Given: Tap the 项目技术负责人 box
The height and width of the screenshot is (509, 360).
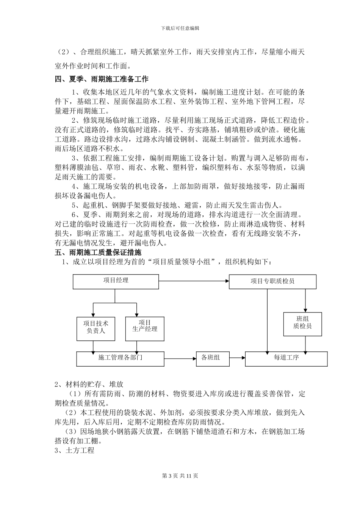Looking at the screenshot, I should pos(95,328).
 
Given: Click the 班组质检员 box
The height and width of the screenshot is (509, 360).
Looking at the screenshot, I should pos(302,324).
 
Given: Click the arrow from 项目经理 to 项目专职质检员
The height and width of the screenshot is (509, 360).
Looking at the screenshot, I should pos(194,281).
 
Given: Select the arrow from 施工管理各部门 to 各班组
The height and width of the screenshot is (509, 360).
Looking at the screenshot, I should pos(180,358).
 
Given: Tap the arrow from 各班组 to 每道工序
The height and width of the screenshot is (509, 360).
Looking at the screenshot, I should pos(237,358).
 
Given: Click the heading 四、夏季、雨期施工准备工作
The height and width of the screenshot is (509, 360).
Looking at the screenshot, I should pos(102,80).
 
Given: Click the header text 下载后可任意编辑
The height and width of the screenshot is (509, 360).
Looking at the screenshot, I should pos(180,28).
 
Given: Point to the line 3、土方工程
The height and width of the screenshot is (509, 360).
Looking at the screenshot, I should pos(74,451).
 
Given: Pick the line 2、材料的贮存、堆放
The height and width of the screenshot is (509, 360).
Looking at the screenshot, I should pos(89,384).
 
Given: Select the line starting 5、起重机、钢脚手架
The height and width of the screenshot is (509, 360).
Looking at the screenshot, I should pos(177,205).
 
